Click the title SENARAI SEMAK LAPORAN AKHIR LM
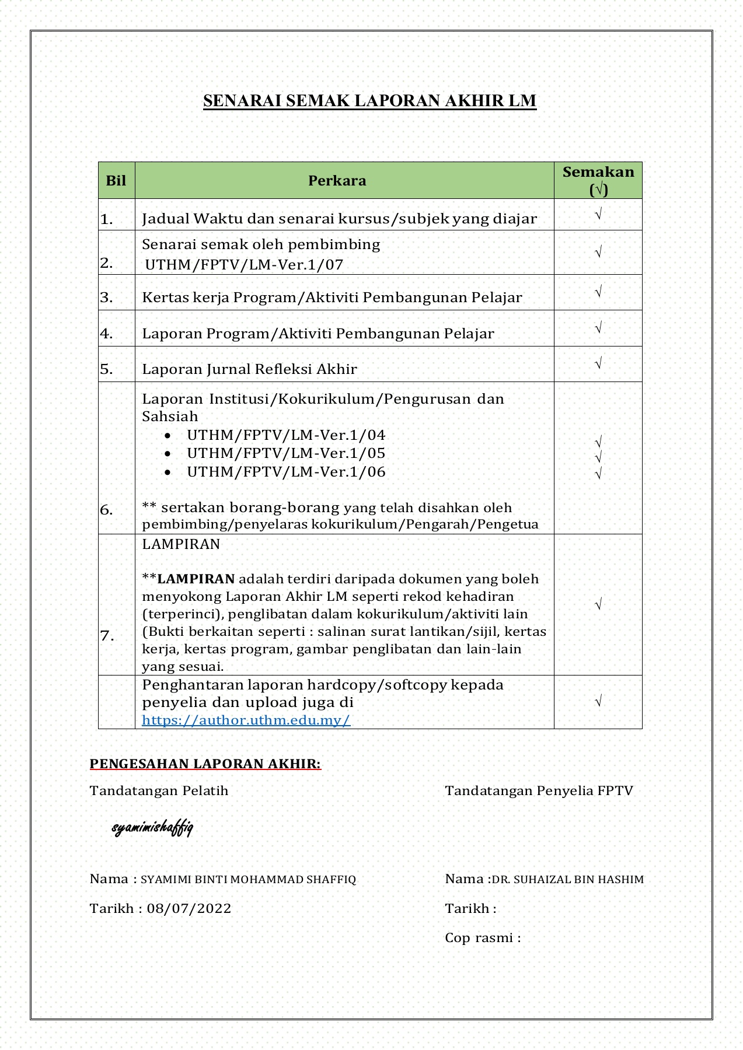[x=369, y=101]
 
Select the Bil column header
[x=116, y=180]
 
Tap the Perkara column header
[x=337, y=181]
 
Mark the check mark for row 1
[x=598, y=215]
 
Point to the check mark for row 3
[x=598, y=292]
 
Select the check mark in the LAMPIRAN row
[x=598, y=604]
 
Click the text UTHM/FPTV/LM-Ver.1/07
[x=244, y=265]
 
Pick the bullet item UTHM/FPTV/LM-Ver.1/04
[x=286, y=435]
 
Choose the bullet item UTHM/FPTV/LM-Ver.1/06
[x=286, y=472]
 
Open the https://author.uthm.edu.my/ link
[x=246, y=720]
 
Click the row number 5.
[x=106, y=369]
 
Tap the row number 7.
[x=107, y=636]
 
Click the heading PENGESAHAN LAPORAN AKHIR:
[x=205, y=764]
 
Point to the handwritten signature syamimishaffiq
[x=152, y=827]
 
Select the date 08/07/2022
[x=189, y=908]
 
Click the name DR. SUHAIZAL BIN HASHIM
[x=567, y=879]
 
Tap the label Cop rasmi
[x=482, y=937]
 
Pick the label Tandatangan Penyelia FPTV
[x=539, y=791]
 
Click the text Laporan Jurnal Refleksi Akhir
[x=249, y=369]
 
